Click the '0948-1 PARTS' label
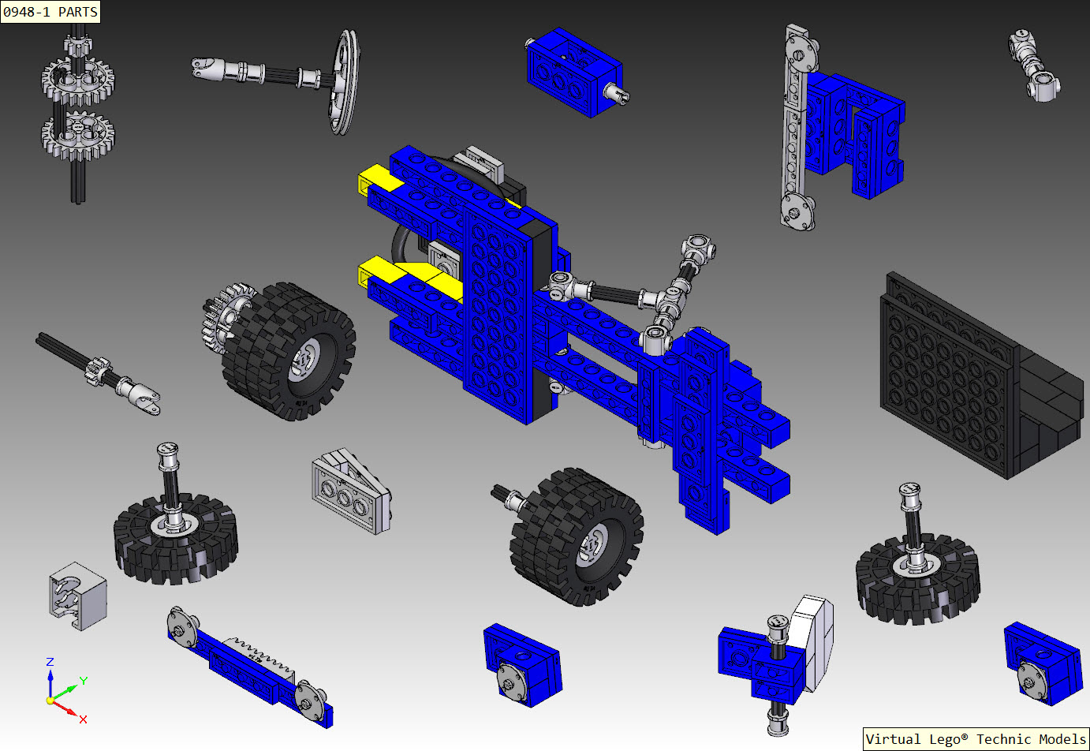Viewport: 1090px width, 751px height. click(50, 12)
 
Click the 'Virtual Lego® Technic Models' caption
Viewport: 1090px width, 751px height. click(976, 739)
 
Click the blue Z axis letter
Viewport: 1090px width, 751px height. click(50, 662)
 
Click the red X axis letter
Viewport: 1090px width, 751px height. click(83, 719)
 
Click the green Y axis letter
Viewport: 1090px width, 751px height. click(83, 681)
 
